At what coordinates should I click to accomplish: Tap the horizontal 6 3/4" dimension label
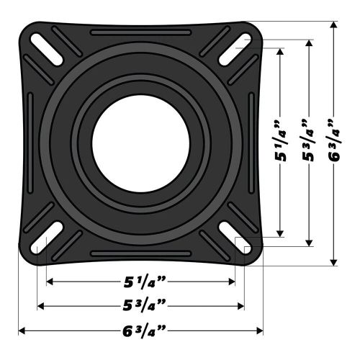click(x=141, y=330)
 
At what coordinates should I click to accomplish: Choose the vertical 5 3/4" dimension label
click(x=310, y=143)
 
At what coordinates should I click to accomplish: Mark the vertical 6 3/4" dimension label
click(x=333, y=143)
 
